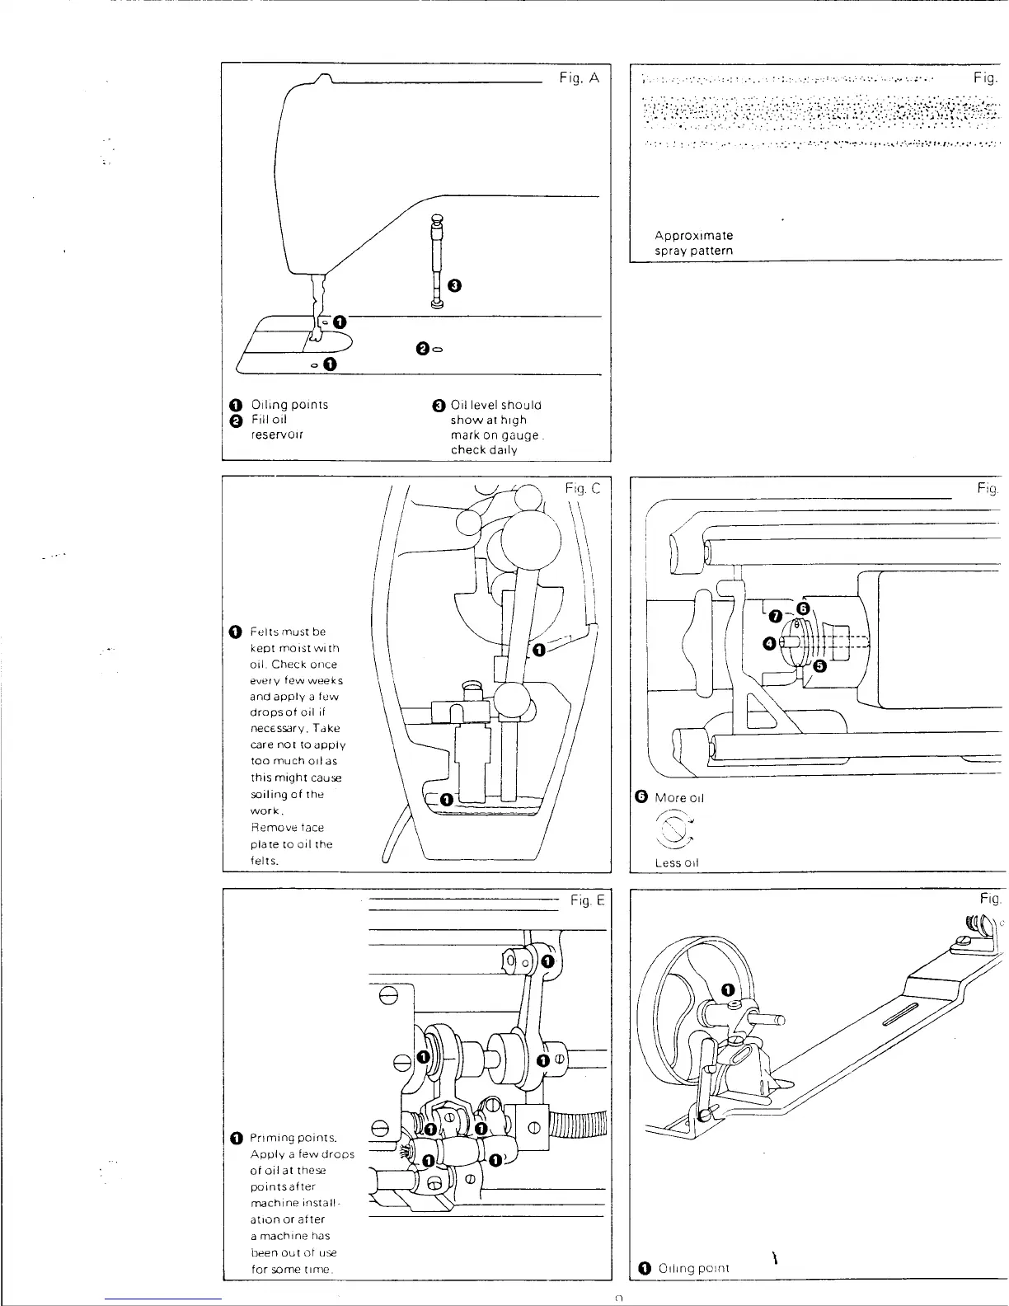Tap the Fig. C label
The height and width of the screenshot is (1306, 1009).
coord(583,488)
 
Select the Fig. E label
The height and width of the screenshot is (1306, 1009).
coord(588,901)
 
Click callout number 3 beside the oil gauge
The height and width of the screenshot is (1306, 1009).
coord(453,285)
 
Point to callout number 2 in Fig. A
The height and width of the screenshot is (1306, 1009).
coord(422,350)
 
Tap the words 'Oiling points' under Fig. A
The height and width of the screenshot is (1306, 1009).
coord(289,405)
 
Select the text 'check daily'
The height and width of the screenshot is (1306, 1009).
coord(484,449)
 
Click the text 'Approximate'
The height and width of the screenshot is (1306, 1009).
coord(693,235)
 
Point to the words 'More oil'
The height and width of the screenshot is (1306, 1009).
coord(679,797)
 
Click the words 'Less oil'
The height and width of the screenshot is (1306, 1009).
coord(676,862)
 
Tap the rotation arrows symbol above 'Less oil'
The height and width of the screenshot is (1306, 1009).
coord(675,829)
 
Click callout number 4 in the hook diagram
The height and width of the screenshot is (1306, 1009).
coord(768,643)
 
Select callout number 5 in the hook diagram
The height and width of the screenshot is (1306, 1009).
coord(819,666)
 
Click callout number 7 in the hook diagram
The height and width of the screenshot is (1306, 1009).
coord(775,617)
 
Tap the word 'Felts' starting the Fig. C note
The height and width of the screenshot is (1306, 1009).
coord(264,632)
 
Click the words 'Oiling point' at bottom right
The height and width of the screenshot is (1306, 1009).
coord(693,1290)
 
